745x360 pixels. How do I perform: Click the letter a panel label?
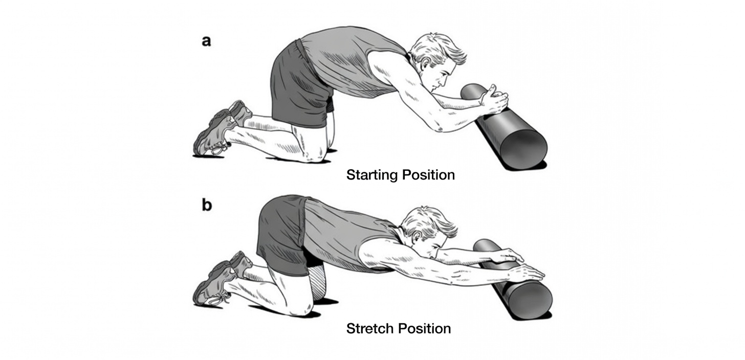pyautogui.click(x=206, y=41)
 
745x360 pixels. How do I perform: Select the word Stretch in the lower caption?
pyautogui.click(x=369, y=328)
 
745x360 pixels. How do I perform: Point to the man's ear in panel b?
pyautogui.click(x=415, y=236)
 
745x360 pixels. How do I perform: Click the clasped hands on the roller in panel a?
pyautogui.click(x=494, y=100)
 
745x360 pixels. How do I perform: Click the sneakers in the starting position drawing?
pyautogui.click(x=217, y=128)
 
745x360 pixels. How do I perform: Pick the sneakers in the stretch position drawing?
pyautogui.click(x=217, y=279)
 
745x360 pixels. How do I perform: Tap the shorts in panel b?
pyautogui.click(x=281, y=230)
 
